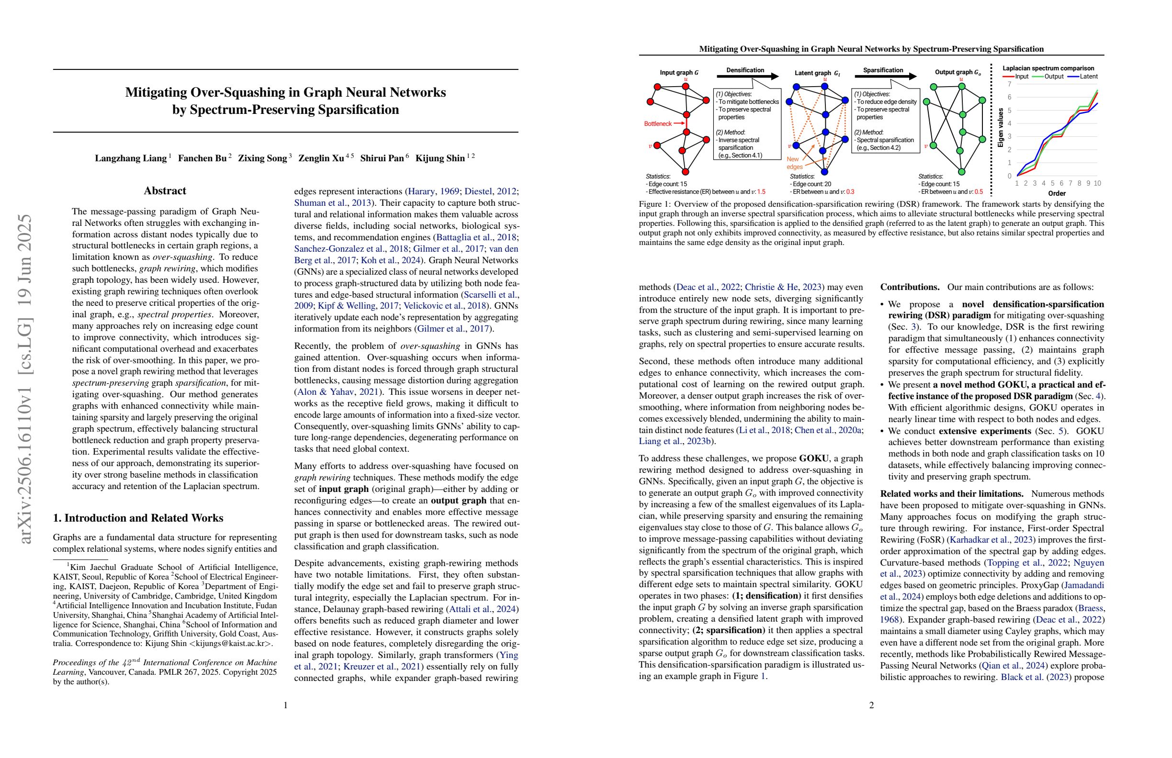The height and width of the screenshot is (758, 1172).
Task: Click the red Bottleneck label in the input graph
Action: pyautogui.click(x=657, y=123)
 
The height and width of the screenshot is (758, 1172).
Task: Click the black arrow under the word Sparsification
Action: pyautogui.click(x=885, y=76)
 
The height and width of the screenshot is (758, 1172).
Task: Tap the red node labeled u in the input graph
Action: pyautogui.click(x=686, y=86)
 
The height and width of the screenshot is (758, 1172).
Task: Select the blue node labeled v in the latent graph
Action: pyautogui.click(x=796, y=145)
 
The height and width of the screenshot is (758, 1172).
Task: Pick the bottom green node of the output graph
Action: pyautogui.click(x=961, y=172)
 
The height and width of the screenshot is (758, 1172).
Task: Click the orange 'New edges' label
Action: pyautogui.click(x=794, y=163)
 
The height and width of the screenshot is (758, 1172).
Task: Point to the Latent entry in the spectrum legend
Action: pyautogui.click(x=1083, y=76)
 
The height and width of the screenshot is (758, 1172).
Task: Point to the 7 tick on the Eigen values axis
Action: pyautogui.click(x=1010, y=84)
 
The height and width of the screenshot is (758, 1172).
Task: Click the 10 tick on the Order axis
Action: pyautogui.click(x=1097, y=183)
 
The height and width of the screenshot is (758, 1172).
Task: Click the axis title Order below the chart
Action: pyautogui.click(x=1057, y=193)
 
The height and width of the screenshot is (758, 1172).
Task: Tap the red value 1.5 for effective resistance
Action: pyautogui.click(x=761, y=191)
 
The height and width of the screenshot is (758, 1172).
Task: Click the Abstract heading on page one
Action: pyautogui.click(x=165, y=191)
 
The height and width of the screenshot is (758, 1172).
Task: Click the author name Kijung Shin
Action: pyautogui.click(x=440, y=158)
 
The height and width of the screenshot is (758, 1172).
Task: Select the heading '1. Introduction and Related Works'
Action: pyautogui.click(x=138, y=518)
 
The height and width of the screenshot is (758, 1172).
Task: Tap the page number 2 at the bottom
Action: pyautogui.click(x=871, y=705)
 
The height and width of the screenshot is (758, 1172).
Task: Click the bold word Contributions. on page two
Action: pyautogui.click(x=910, y=287)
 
